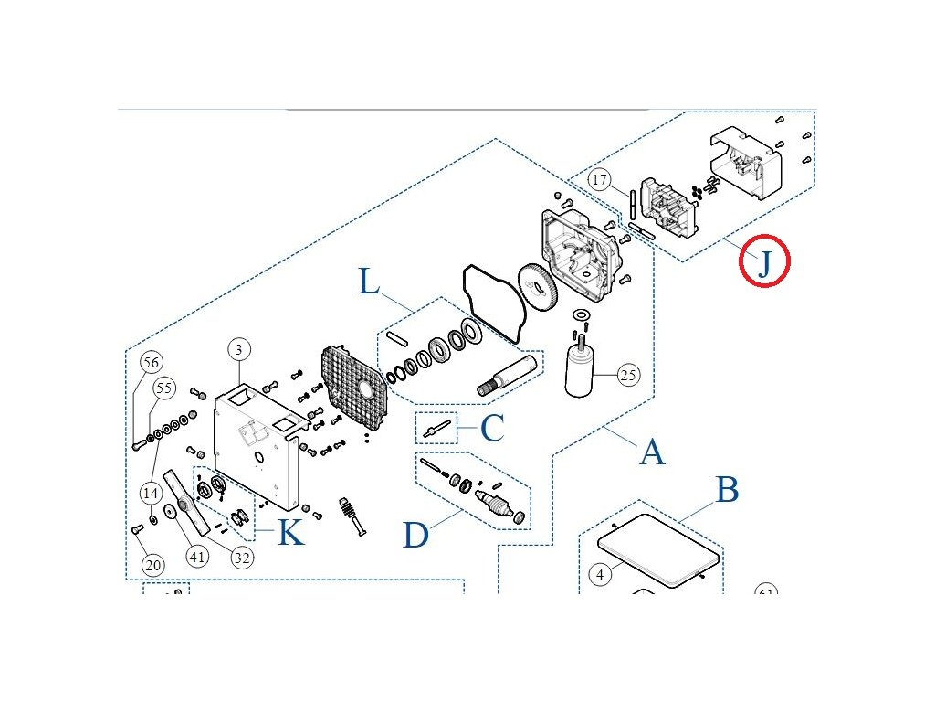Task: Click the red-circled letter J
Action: point(764,261)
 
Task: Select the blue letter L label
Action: point(369,282)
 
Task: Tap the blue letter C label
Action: point(492,428)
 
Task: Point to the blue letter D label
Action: point(415,534)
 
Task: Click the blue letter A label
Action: point(651,451)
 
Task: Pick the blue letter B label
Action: point(726,490)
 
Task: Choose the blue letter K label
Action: point(290,532)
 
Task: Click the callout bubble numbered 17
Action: point(600,180)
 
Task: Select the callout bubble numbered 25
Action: point(627,374)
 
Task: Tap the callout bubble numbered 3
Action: point(238,350)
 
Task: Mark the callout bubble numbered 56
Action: point(152,362)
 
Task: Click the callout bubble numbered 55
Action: point(163,388)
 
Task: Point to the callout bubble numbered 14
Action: point(152,493)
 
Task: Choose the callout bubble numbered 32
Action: point(241,557)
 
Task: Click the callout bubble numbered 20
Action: point(153,565)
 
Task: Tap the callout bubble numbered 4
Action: point(600,575)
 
